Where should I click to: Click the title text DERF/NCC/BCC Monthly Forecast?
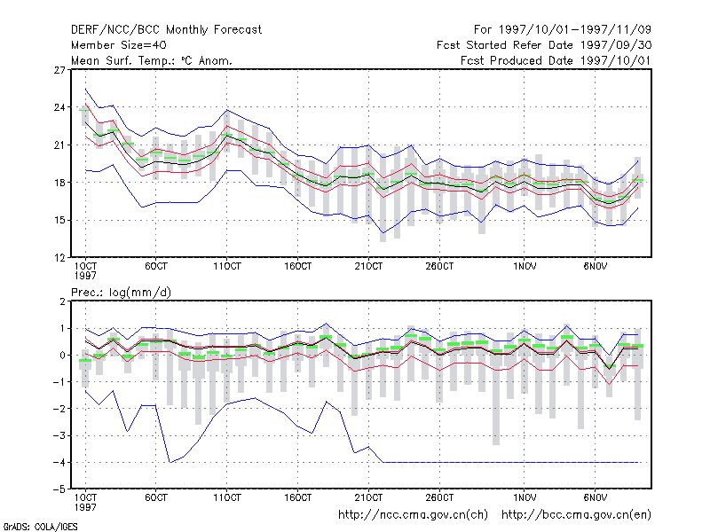(x=166, y=30)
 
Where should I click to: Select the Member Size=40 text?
(x=119, y=45)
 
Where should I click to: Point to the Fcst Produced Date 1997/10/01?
(x=556, y=60)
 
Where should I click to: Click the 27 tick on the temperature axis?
(x=59, y=70)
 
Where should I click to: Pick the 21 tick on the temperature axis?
(x=59, y=145)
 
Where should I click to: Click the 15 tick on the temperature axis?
(x=59, y=220)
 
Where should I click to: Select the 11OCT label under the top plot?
(x=227, y=267)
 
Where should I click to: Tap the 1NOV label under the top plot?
(x=525, y=267)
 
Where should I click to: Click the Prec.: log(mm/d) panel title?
(x=121, y=293)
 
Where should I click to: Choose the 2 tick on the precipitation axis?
(x=62, y=301)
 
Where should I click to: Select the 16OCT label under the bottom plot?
(x=298, y=498)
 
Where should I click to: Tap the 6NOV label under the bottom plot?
(x=595, y=498)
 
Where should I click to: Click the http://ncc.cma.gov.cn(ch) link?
(x=413, y=515)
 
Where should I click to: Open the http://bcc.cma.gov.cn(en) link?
(x=576, y=515)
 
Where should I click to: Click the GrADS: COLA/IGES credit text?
(x=40, y=527)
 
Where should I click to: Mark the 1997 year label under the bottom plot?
(x=85, y=507)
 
